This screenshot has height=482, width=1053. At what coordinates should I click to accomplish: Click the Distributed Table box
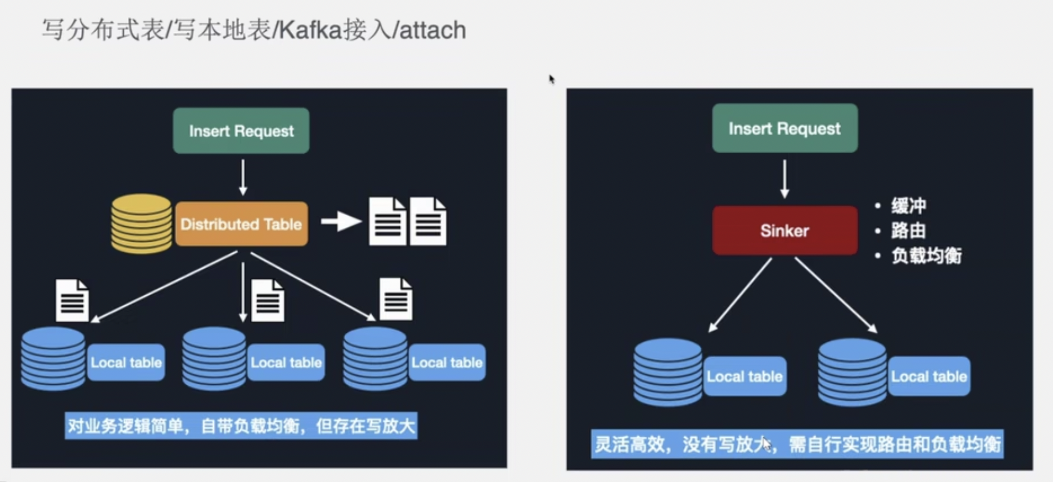point(241,224)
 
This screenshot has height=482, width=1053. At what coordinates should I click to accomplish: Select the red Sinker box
point(784,230)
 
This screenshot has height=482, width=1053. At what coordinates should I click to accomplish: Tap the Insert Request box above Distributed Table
point(241,131)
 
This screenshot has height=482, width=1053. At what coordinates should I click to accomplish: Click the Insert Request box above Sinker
point(784,128)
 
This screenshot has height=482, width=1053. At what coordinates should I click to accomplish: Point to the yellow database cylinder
point(141,224)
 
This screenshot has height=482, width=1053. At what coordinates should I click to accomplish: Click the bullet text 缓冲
point(908,206)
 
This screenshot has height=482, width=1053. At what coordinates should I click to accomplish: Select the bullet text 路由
point(908,230)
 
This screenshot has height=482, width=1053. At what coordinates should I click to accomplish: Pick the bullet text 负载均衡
point(926,255)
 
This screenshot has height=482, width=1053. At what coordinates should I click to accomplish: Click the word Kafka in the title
point(310,29)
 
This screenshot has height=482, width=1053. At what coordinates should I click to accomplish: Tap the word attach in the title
point(433,29)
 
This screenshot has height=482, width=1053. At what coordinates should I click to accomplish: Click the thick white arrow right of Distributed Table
point(341,222)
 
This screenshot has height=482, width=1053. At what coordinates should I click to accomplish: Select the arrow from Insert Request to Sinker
point(784,179)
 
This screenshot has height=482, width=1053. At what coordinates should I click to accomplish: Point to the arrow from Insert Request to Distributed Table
point(243,177)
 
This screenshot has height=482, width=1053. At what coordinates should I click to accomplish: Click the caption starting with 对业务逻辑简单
point(241,425)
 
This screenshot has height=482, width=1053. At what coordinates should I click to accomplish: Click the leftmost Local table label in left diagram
point(126,362)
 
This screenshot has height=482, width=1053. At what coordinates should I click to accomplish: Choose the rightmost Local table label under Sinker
point(929,376)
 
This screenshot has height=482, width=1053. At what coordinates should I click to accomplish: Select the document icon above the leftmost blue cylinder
point(72,301)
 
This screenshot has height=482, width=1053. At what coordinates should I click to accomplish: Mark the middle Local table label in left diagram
point(286,362)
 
